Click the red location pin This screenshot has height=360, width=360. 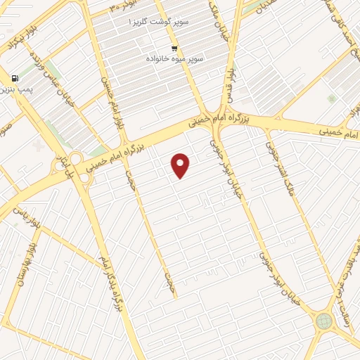pos(181,165)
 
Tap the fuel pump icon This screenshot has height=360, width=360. pos(15,79)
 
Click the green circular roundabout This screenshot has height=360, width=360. pos(323,321)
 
